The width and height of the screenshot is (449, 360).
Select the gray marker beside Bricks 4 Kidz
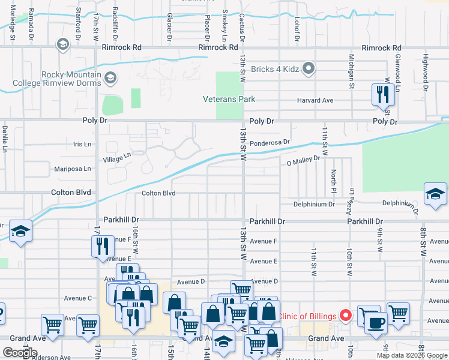309,69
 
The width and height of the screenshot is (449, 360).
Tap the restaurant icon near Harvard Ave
381,94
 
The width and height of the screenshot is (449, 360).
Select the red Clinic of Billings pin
345,314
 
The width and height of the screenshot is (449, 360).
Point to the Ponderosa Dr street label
270,143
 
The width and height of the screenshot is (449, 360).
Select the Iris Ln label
82,145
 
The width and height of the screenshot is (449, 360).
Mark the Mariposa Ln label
73,169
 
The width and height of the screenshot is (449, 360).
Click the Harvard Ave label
315,100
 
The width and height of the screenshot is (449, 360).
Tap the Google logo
20,352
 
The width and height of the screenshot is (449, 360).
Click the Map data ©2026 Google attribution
412,355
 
